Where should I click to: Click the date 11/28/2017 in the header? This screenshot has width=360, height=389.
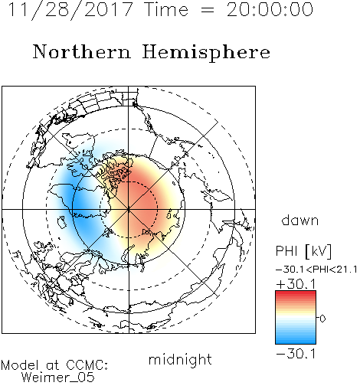coord(70,10)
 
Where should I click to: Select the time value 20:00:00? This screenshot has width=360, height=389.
coord(270,10)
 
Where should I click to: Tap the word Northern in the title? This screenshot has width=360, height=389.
coord(82,52)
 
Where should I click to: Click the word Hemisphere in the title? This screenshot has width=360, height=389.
coord(206,53)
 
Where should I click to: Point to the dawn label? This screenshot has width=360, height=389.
coord(300,220)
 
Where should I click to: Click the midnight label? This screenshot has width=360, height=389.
coord(180,360)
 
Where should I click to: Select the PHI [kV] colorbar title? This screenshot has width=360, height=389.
coord(303,251)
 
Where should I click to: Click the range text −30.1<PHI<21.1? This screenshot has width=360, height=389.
coord(316,270)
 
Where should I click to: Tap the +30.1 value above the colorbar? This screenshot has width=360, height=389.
coord(296,284)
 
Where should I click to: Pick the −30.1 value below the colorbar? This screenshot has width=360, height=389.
coord(296,354)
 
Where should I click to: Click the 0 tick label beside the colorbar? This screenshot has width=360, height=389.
coord(322,319)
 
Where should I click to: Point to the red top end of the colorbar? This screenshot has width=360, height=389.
coord(296,293)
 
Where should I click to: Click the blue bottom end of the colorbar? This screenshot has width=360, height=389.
coord(296,342)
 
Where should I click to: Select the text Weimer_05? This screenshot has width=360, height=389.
coord(58,378)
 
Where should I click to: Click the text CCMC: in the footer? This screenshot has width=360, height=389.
coord(87,365)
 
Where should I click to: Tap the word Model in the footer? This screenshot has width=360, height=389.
coord(21,365)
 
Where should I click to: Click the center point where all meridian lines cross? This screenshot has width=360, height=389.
coord(129,209)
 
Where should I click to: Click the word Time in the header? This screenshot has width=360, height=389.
coord(166,10)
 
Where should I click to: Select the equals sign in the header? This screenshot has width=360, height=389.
coord(208,10)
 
